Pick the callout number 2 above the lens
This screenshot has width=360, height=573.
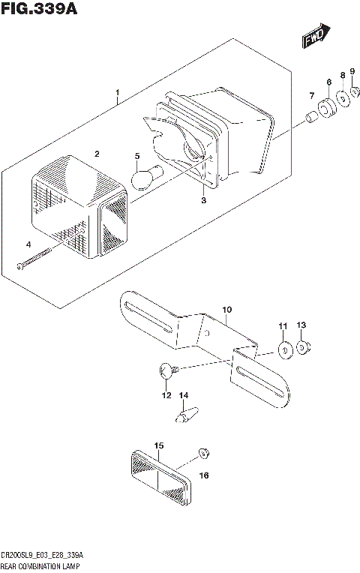[96, 154]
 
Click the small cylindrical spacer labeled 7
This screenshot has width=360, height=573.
[309, 118]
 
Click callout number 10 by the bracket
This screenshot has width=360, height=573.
[227, 309]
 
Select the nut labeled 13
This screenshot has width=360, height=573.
[304, 346]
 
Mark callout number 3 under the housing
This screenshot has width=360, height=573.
[202, 201]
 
